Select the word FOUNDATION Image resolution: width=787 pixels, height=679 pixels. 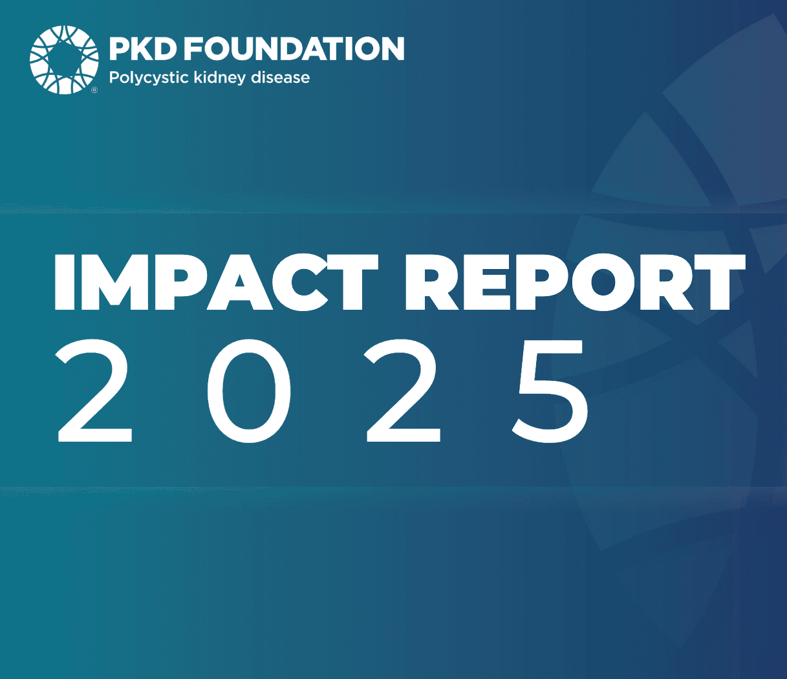click(295, 48)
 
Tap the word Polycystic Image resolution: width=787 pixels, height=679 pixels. click(149, 78)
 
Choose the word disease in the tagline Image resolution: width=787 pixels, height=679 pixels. click(280, 78)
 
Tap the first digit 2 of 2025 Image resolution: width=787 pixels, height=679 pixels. click(94, 391)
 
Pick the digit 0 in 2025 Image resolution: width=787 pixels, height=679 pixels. click(249, 391)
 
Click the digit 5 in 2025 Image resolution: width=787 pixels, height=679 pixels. click(550, 392)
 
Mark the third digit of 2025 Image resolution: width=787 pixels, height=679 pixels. click(402, 391)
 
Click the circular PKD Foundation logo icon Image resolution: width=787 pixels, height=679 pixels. click(64, 59)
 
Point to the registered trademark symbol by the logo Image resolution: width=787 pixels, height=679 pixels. click(94, 91)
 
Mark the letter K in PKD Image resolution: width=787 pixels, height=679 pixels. click(141, 48)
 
